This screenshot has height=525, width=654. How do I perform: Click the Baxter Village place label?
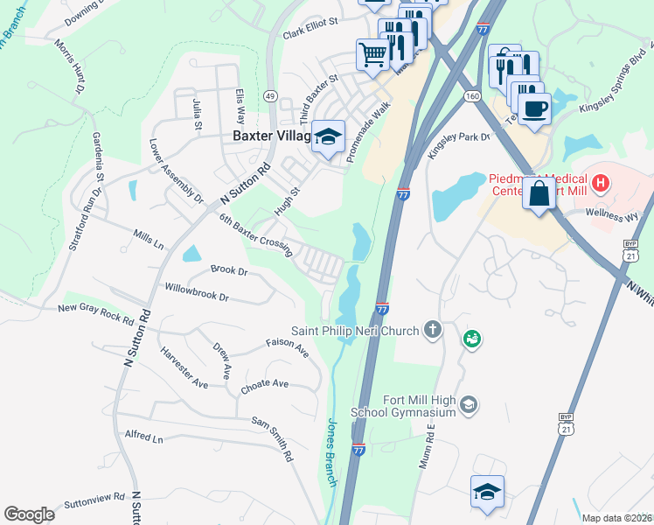click(x=272, y=136)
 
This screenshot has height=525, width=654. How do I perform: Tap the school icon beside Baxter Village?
click(x=329, y=136)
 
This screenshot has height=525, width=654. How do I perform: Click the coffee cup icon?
click(x=534, y=108)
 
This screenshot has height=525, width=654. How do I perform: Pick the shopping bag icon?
click(x=539, y=192)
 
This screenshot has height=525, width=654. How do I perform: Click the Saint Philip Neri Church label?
click(x=355, y=331)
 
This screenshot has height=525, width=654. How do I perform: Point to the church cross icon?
click(x=431, y=330)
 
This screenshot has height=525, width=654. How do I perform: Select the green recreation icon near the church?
click(x=472, y=337)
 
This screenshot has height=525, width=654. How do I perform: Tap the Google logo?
click(x=29, y=514)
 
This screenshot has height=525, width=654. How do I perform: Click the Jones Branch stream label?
click(x=332, y=451)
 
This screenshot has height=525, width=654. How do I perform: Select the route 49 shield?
click(x=271, y=95)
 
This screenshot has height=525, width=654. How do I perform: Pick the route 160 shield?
click(x=473, y=95)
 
